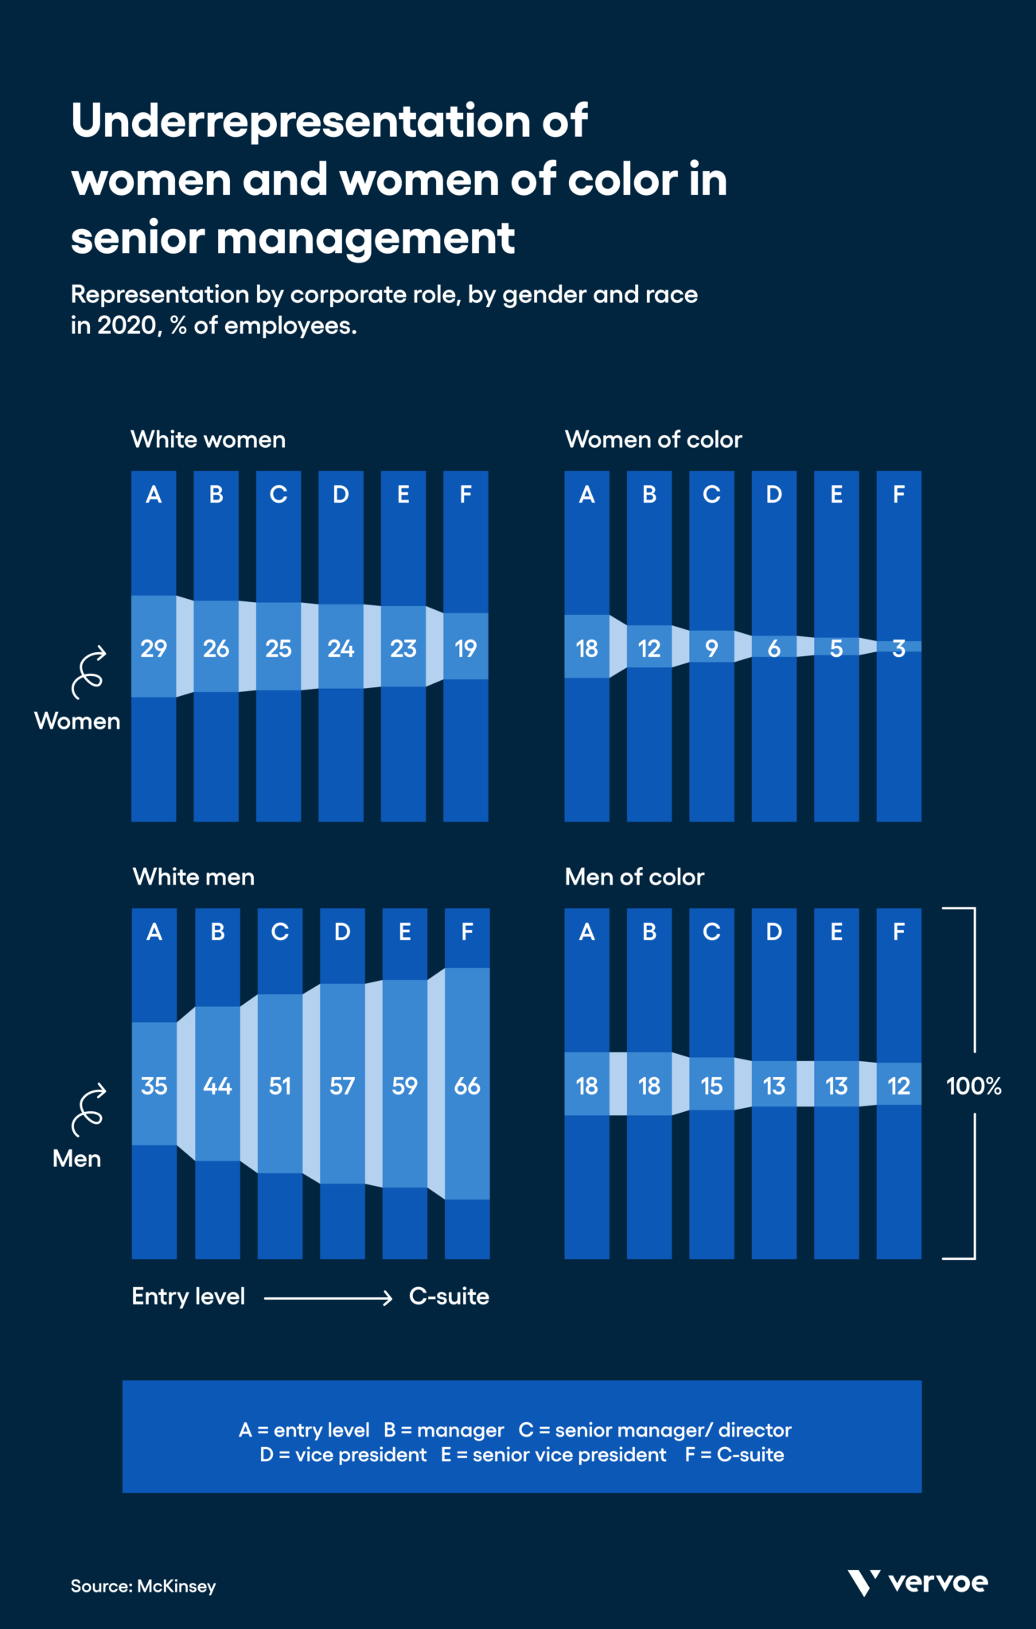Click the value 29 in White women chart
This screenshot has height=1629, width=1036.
(154, 648)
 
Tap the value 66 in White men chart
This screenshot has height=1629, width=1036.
(467, 1086)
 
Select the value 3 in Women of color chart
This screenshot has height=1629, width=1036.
(898, 648)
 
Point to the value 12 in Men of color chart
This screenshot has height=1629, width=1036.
(898, 1086)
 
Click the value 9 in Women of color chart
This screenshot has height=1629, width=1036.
(711, 648)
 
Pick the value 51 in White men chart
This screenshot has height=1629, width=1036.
(279, 1086)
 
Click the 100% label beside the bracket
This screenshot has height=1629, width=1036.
(973, 1086)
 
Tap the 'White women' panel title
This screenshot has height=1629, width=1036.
(208, 439)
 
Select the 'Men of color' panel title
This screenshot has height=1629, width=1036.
(634, 877)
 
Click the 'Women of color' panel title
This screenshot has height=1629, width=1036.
(652, 439)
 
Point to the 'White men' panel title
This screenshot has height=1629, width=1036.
(193, 877)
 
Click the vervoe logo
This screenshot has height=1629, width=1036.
(917, 1582)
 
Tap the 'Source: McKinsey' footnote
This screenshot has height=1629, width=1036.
(143, 1586)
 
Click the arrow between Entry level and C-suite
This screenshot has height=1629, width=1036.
(328, 1297)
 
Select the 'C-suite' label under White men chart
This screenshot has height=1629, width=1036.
(449, 1297)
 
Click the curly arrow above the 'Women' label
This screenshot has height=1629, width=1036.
(87, 673)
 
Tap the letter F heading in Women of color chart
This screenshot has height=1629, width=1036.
(898, 495)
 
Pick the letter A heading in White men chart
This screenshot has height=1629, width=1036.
(154, 932)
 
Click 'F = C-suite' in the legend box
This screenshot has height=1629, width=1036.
(734, 1455)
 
